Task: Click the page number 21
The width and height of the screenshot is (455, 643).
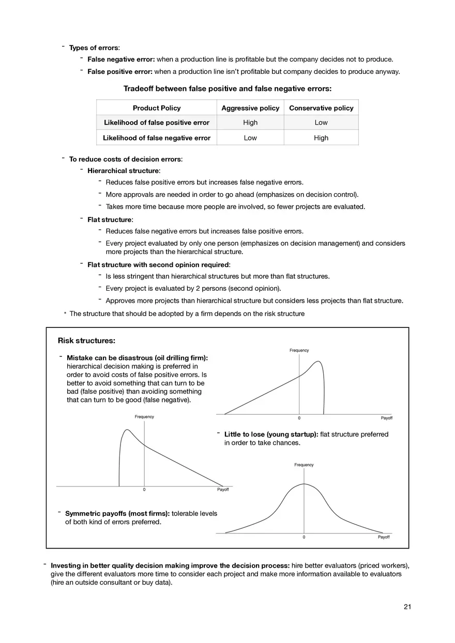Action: click(x=407, y=607)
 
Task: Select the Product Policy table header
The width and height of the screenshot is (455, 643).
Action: click(x=157, y=108)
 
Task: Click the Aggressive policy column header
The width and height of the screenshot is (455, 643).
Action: click(x=250, y=108)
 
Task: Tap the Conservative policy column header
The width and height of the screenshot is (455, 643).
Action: click(x=321, y=108)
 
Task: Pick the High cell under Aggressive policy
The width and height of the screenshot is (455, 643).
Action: click(x=250, y=122)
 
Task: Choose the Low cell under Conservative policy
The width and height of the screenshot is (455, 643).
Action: click(x=321, y=122)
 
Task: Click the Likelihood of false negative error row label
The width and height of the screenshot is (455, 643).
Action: click(x=157, y=138)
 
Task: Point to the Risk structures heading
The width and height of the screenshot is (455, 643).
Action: click(x=86, y=341)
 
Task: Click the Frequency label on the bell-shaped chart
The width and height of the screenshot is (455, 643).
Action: click(x=304, y=465)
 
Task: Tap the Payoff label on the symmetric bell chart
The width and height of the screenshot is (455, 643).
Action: click(x=384, y=537)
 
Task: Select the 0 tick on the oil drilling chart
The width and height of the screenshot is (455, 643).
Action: click(x=299, y=417)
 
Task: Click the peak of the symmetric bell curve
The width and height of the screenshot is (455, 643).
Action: click(x=304, y=484)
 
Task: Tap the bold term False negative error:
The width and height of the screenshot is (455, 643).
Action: click(x=119, y=59)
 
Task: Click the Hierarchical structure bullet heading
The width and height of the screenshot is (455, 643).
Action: click(x=124, y=170)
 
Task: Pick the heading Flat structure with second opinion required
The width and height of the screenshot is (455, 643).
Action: click(x=159, y=265)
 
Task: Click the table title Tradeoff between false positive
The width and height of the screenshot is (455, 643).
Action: click(x=227, y=89)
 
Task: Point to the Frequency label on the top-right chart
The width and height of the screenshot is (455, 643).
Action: click(x=299, y=350)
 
